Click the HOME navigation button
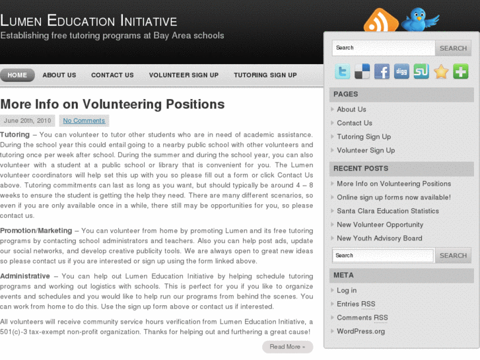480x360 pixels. (x=17, y=75)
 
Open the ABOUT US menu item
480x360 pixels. (x=59, y=75)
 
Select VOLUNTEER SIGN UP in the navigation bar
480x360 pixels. (x=184, y=75)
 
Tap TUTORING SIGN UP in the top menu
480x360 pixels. (x=265, y=75)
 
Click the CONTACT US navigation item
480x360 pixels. (x=112, y=75)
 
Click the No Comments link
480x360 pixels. (x=84, y=121)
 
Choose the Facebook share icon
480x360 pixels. (x=382, y=71)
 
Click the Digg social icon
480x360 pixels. (x=401, y=71)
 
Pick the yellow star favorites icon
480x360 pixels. (x=441, y=71)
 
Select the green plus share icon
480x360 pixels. (x=461, y=71)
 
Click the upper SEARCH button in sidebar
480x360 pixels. (x=453, y=48)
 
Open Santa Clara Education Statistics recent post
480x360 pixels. (x=388, y=211)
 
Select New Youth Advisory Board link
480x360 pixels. (x=379, y=238)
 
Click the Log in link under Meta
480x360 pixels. (x=347, y=291)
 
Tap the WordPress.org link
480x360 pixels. (x=360, y=332)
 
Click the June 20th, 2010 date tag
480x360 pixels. (x=27, y=121)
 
